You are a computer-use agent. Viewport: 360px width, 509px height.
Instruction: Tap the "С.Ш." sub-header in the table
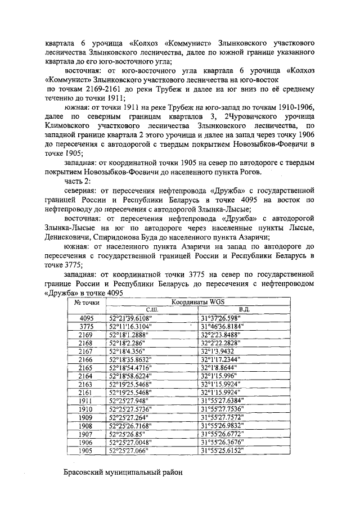tap(152, 309)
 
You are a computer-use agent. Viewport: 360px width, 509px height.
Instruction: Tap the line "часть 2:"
tap(78, 182)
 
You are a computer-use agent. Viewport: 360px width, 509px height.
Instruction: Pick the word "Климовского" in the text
tap(71, 127)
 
